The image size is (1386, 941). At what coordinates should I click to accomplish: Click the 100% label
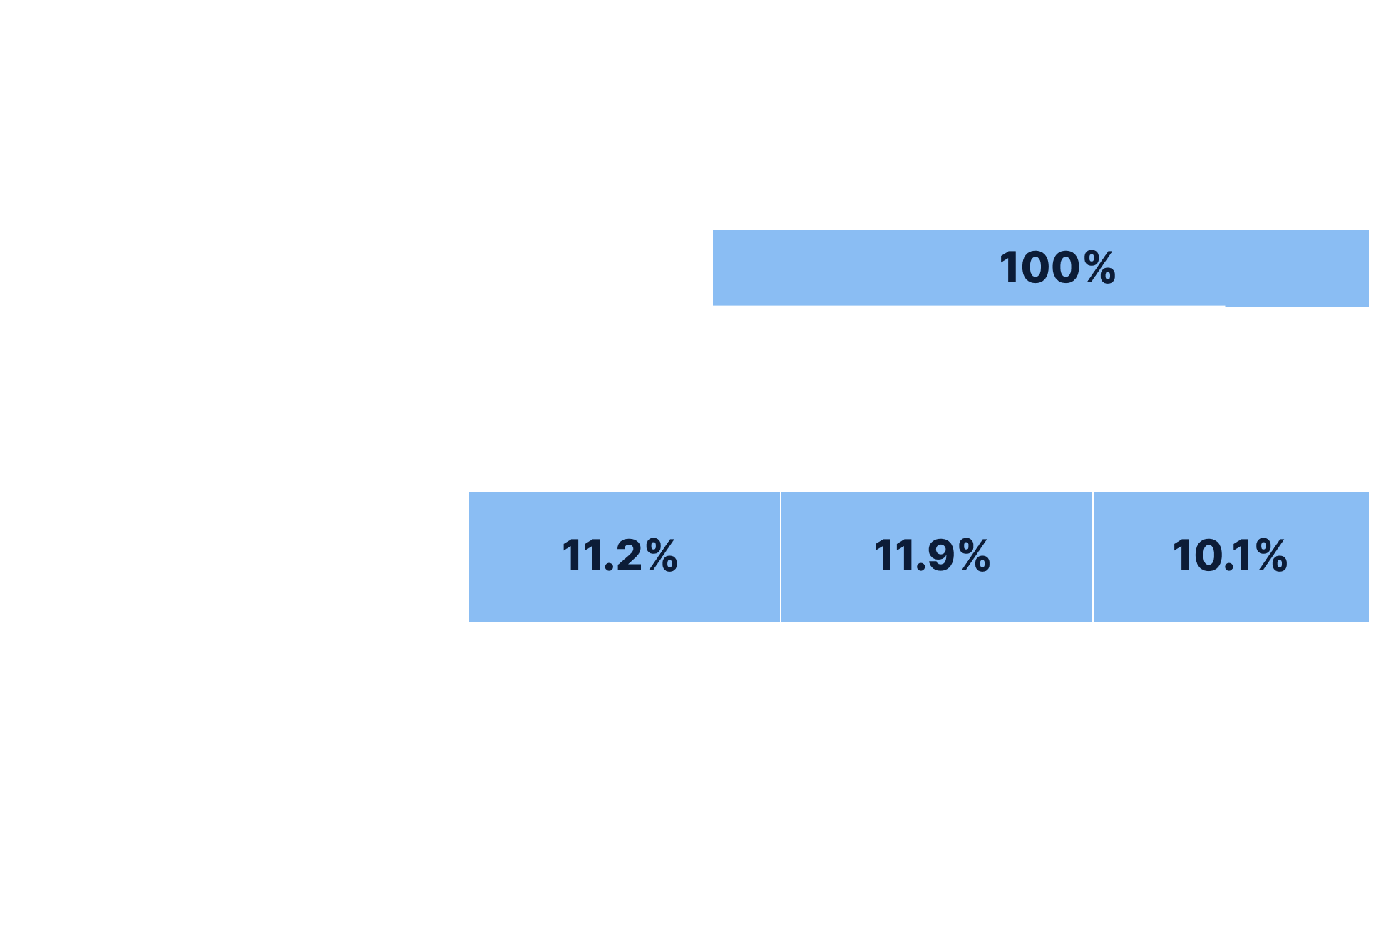[1057, 268]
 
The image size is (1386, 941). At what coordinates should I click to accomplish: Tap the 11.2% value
[620, 556]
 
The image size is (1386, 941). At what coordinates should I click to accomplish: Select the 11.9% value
[932, 556]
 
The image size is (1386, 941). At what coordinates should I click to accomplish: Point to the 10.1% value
[1230, 556]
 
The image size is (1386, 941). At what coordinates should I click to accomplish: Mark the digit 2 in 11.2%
[628, 556]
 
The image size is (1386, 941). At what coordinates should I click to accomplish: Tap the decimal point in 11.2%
[609, 567]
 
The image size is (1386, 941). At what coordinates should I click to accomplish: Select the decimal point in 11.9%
[921, 567]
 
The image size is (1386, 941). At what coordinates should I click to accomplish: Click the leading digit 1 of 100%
[1009, 268]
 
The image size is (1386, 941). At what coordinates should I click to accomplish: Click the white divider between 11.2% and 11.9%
[781, 557]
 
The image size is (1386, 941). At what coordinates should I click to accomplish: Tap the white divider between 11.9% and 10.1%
[1093, 557]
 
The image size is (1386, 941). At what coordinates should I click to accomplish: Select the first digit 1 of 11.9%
[883, 556]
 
